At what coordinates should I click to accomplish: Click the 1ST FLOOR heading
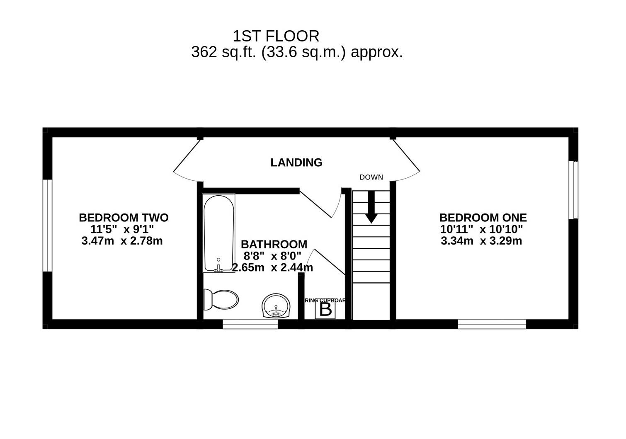(276, 36)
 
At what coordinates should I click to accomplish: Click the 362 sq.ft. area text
(296, 53)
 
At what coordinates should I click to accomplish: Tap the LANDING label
(296, 163)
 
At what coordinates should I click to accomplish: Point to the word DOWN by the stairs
(371, 177)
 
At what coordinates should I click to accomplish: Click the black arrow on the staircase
(371, 207)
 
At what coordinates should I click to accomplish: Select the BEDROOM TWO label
(124, 218)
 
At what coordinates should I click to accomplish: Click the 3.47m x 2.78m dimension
(122, 241)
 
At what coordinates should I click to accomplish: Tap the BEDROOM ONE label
(483, 218)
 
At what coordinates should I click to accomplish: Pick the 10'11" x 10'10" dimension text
(481, 229)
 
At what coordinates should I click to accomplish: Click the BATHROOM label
(274, 244)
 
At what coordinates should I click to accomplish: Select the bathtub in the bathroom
(218, 233)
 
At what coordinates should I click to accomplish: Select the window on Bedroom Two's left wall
(48, 226)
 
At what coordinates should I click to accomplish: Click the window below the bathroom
(250, 324)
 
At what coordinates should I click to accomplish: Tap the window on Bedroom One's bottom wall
(492, 324)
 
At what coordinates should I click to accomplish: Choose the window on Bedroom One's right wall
(573, 190)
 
